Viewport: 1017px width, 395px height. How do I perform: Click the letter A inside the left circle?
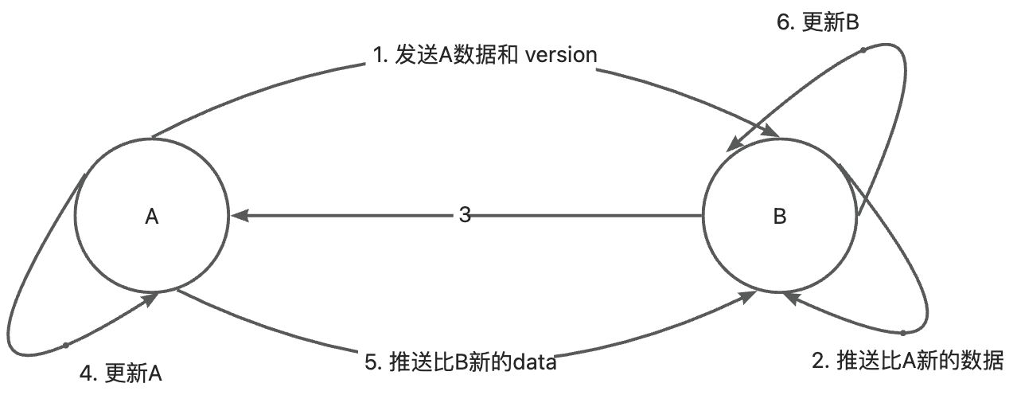[x=152, y=217]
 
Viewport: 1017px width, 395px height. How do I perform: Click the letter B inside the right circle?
[x=780, y=217]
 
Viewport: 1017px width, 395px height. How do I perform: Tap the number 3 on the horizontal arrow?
[x=465, y=215]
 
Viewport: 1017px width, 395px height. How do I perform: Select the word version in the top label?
[x=561, y=55]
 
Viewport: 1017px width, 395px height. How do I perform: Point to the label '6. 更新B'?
[x=818, y=22]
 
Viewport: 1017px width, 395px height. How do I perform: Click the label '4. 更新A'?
[x=121, y=373]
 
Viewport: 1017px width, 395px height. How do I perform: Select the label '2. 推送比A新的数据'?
[x=907, y=361]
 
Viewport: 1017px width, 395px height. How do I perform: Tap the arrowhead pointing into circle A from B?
[x=240, y=216]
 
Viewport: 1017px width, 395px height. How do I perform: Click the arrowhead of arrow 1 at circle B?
[x=771, y=131]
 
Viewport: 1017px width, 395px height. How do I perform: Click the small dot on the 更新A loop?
[x=66, y=346]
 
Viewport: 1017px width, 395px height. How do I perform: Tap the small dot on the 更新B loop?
[x=863, y=50]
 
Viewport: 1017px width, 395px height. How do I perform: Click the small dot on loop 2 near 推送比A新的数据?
[x=903, y=333]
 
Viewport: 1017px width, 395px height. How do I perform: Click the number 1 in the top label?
[x=377, y=55]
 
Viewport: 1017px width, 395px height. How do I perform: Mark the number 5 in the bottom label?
[x=371, y=362]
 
